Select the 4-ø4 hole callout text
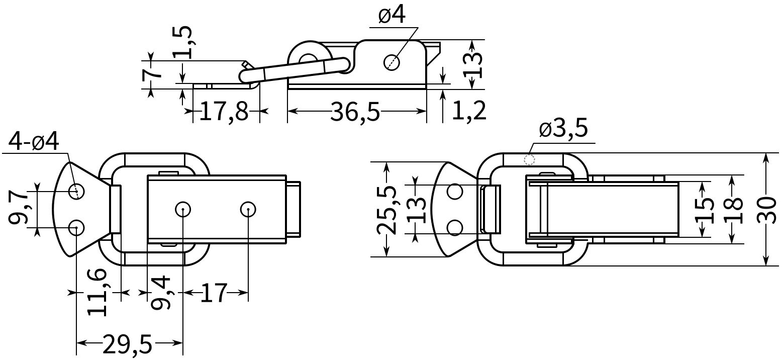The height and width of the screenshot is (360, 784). [34, 142]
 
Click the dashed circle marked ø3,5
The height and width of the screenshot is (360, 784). [529, 160]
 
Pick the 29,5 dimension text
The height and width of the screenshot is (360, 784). [128, 344]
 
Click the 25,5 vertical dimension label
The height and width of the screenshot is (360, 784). [386, 210]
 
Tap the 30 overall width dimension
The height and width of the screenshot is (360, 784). [766, 210]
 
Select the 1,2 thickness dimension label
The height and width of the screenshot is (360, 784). [469, 111]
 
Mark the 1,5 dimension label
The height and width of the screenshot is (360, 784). [182, 42]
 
